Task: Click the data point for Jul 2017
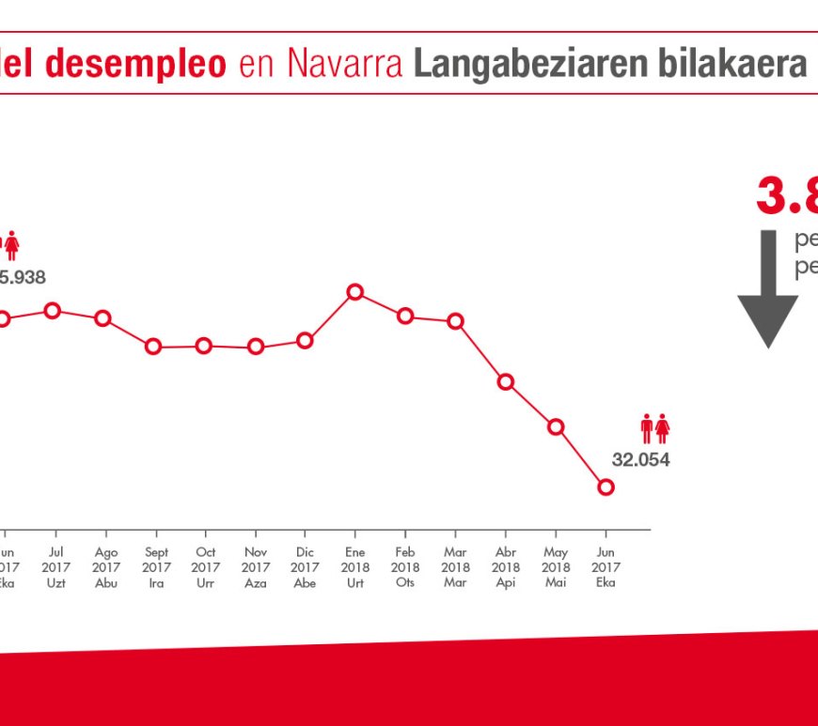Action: click(53, 311)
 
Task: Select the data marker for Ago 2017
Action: click(103, 318)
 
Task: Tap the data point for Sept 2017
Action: click(154, 347)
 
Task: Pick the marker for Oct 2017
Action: click(204, 346)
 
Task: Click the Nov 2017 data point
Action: click(255, 347)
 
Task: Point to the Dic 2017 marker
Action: click(305, 340)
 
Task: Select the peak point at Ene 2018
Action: click(355, 292)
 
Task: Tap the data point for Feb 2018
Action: click(405, 316)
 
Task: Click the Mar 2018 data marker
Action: click(456, 320)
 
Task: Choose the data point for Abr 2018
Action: click(506, 381)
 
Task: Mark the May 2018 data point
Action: click(556, 426)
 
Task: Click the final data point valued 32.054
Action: click(606, 487)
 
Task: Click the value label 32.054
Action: click(641, 460)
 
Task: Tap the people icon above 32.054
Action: click(655, 429)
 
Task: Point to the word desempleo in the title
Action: click(136, 64)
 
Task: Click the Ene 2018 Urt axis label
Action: click(355, 567)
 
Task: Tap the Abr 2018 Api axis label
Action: click(506, 567)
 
